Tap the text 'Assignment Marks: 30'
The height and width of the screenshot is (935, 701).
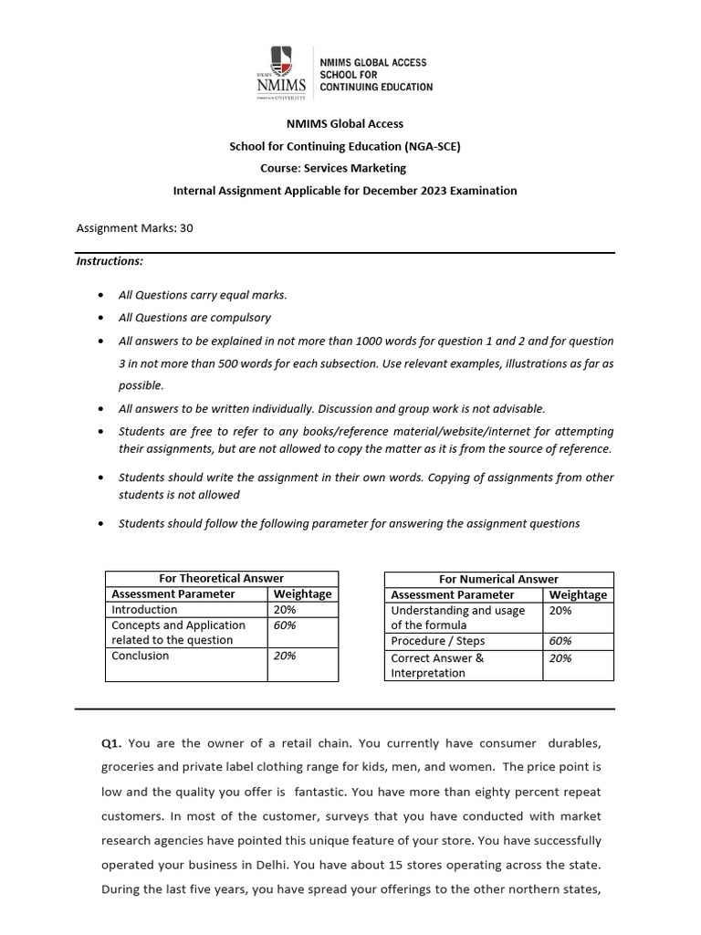(134, 228)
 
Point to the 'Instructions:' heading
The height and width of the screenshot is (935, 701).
(109, 261)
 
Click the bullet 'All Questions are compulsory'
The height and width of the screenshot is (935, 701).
(194, 318)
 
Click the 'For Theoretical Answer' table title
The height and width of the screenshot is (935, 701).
(222, 578)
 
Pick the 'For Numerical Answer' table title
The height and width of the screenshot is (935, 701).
(498, 579)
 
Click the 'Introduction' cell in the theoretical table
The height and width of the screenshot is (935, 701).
(144, 609)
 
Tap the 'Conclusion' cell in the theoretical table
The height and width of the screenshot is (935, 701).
(140, 656)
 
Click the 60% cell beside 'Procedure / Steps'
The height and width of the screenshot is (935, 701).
(560, 641)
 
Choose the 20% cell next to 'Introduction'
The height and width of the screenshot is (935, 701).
(285, 609)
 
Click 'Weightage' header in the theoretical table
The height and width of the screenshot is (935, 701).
(302, 594)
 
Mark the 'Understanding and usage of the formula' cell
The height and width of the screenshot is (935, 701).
(457, 617)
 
